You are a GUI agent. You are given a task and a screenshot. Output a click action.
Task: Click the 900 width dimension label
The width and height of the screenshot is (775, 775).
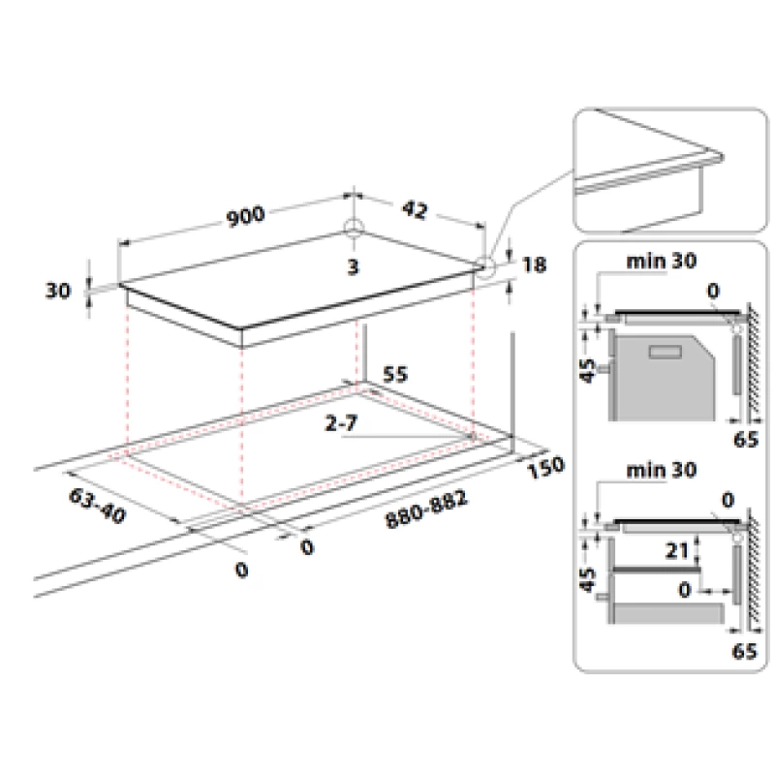[x=246, y=216]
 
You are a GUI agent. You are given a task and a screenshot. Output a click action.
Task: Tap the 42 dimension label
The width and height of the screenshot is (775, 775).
[x=415, y=210]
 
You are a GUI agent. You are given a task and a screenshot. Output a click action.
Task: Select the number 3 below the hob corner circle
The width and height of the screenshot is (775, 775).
[x=353, y=267]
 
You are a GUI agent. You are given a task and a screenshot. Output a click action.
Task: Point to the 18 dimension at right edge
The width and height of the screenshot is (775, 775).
[x=535, y=264]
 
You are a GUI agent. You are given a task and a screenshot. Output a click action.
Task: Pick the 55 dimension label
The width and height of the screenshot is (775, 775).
[x=395, y=374]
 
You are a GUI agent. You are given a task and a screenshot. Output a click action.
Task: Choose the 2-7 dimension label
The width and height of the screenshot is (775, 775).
[x=341, y=423]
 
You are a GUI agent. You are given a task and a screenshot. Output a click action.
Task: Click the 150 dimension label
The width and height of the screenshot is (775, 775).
[x=545, y=467]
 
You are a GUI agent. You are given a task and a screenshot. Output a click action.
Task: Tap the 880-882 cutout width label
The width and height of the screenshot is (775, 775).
[x=426, y=510]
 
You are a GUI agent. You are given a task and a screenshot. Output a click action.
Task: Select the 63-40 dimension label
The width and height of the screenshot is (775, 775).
[x=98, y=505]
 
